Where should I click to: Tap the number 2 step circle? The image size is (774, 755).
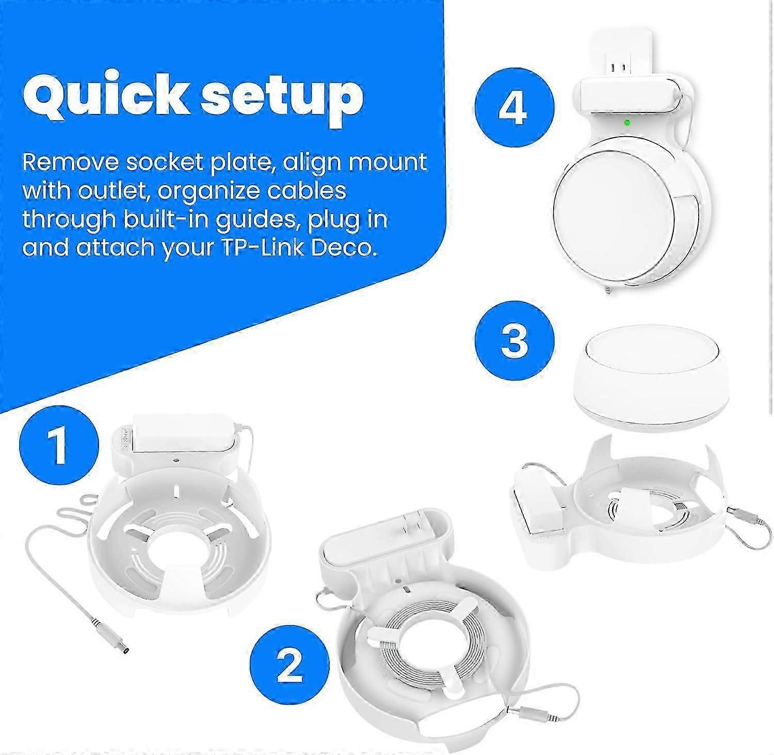pos(289,665)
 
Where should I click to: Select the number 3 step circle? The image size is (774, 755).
pos(514,341)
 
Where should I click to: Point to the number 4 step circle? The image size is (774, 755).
pos(514,109)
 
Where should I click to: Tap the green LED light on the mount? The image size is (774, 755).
pos(627,123)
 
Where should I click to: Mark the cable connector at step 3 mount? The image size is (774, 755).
pos(745,516)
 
